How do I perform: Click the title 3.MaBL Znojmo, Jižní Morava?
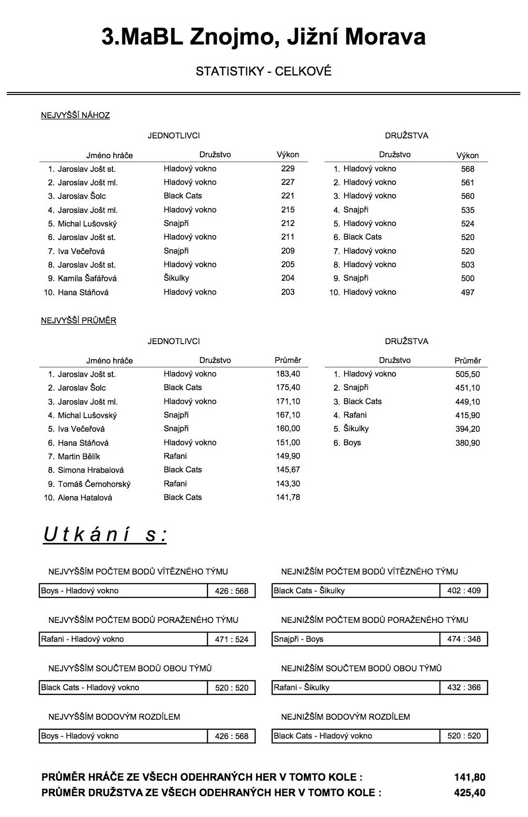[x=263, y=37]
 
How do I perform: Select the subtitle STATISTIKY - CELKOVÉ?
[x=263, y=72]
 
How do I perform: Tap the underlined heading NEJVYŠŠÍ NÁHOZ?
[x=75, y=115]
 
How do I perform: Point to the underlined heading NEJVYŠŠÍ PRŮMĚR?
[x=78, y=320]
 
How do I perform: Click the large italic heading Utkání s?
[x=105, y=535]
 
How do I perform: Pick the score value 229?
[x=287, y=168]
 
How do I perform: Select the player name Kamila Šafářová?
[x=87, y=278]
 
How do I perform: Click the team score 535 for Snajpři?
[x=468, y=210]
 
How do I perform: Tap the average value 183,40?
[x=288, y=374]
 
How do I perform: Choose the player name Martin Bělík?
[x=79, y=456]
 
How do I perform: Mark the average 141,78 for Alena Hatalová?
[x=288, y=497]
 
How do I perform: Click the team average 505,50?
[x=468, y=374]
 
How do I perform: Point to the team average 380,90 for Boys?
[x=468, y=443]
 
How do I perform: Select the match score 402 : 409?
[x=464, y=590]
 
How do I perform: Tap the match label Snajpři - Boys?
[x=299, y=639]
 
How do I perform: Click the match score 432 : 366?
[x=464, y=687]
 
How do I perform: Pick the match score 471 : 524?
[x=231, y=639]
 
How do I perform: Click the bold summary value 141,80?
[x=469, y=777]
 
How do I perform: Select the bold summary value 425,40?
[x=469, y=793]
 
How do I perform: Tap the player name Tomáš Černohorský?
[x=94, y=484]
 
